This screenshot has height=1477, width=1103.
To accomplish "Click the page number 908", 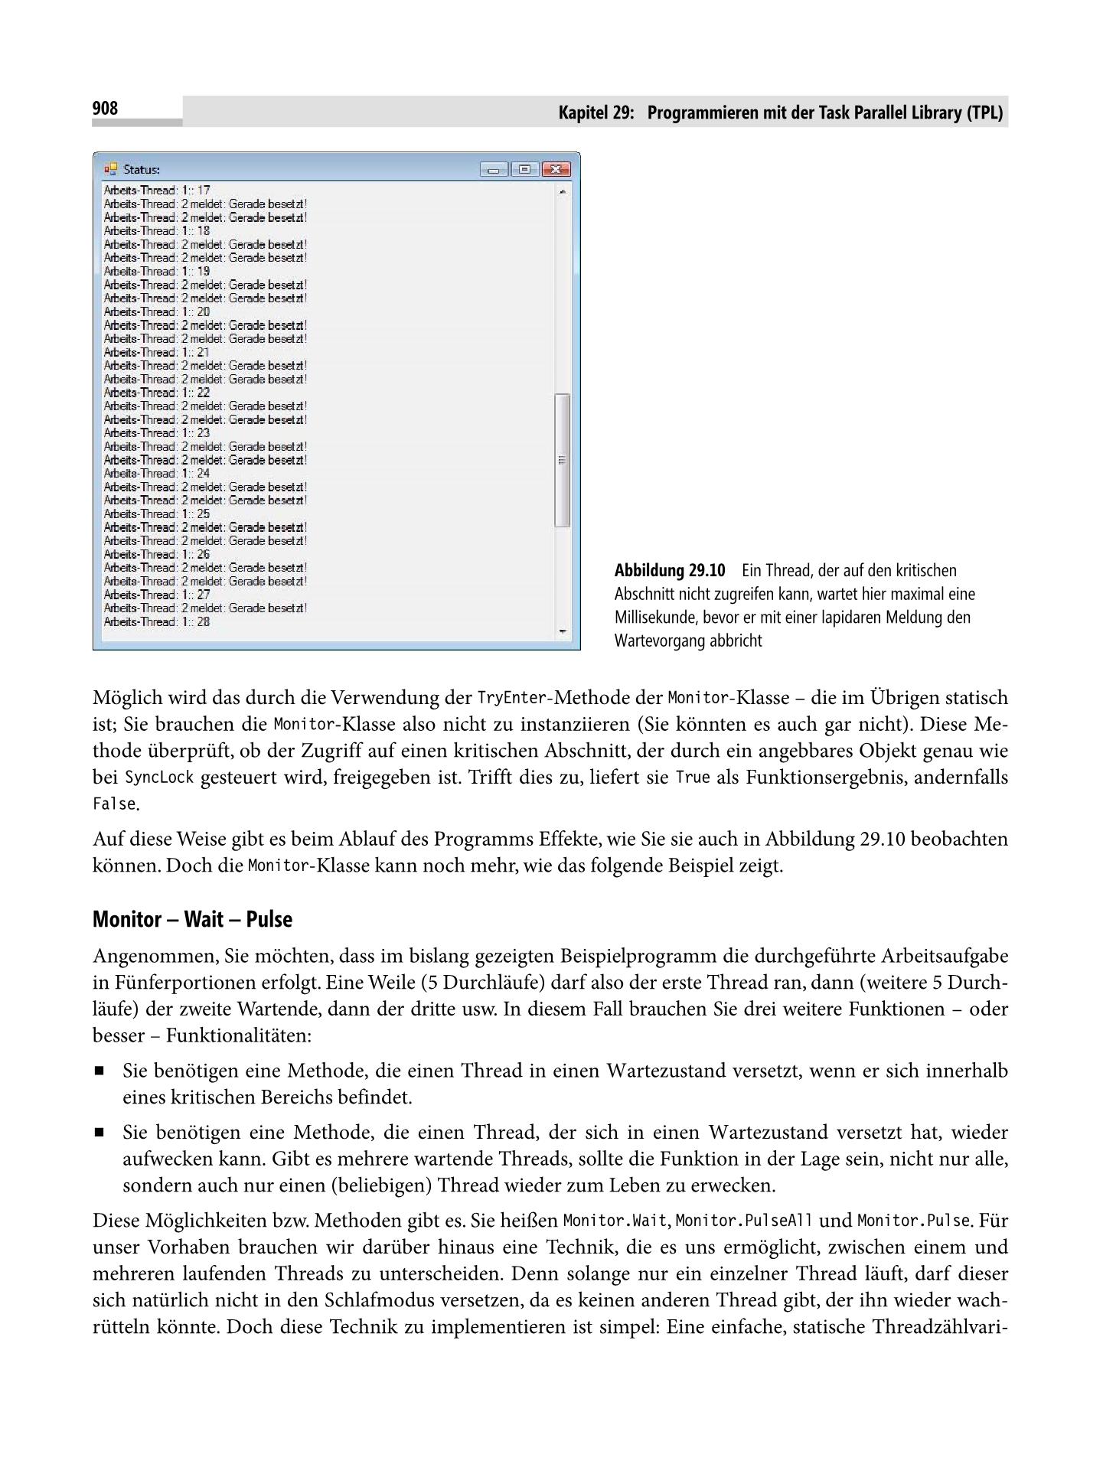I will pos(106,109).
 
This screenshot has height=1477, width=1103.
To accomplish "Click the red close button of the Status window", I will pos(555,169).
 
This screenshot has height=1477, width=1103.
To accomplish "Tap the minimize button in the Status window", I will pos(494,169).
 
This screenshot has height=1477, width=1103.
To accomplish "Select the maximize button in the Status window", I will pos(524,169).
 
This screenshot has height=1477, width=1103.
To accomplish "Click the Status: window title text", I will pos(142,169).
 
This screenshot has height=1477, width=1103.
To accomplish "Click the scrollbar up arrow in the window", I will pos(563,191).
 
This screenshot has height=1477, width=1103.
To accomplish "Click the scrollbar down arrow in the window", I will pos(563,631).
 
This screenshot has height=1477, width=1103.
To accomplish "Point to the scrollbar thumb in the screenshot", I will pos(563,460).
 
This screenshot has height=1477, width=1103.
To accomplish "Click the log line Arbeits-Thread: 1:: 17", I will pos(157,190).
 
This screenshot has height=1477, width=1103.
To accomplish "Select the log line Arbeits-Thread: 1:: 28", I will pos(157,621).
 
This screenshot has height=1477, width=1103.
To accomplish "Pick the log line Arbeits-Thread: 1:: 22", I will pos(157,393).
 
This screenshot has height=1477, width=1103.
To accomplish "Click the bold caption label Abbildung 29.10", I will pos(670,571).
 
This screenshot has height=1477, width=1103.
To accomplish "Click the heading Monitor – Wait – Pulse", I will pos(192,919).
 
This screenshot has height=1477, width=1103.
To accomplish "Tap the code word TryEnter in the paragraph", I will pos(511,698).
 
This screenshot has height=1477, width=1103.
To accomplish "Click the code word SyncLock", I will pos(159,778).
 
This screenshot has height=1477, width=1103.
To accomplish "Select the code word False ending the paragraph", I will pos(114,804).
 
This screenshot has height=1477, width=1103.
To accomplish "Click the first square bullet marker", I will pos(99,1071).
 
